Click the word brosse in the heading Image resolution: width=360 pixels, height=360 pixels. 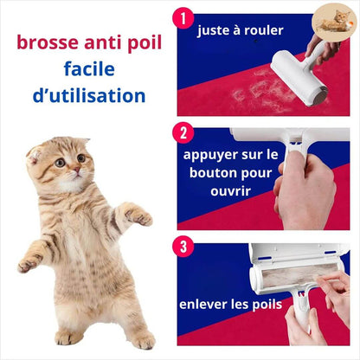coord(48,42)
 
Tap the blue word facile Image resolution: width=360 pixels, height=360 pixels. coord(89,68)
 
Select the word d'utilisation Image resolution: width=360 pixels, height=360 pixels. coord(89,95)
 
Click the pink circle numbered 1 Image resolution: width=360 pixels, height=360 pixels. coord(183,18)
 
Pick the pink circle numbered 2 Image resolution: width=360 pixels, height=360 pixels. coord(183,132)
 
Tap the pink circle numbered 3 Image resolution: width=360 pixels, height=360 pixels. coord(183,247)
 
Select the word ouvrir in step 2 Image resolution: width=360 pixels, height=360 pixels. coord(230,191)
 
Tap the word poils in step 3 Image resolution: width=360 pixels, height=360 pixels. coord(267,305)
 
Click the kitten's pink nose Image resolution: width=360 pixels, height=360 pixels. coord(76,169)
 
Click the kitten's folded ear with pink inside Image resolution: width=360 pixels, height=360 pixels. coord(35,155)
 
